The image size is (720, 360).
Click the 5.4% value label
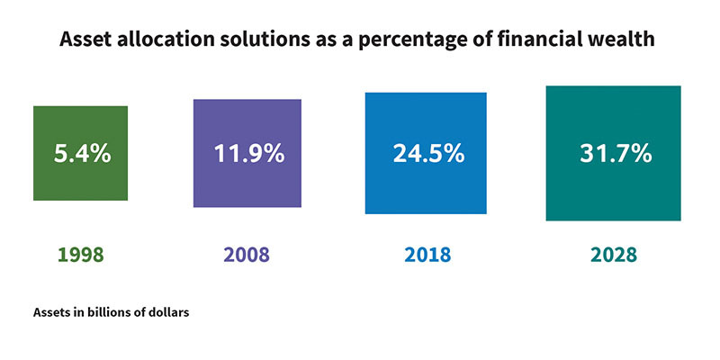81,153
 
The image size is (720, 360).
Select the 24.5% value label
427,153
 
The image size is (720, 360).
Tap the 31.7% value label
614,153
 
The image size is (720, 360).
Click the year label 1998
81,255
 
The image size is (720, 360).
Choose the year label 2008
247,255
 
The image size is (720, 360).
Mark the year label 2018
427,255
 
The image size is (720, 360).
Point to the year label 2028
613,255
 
